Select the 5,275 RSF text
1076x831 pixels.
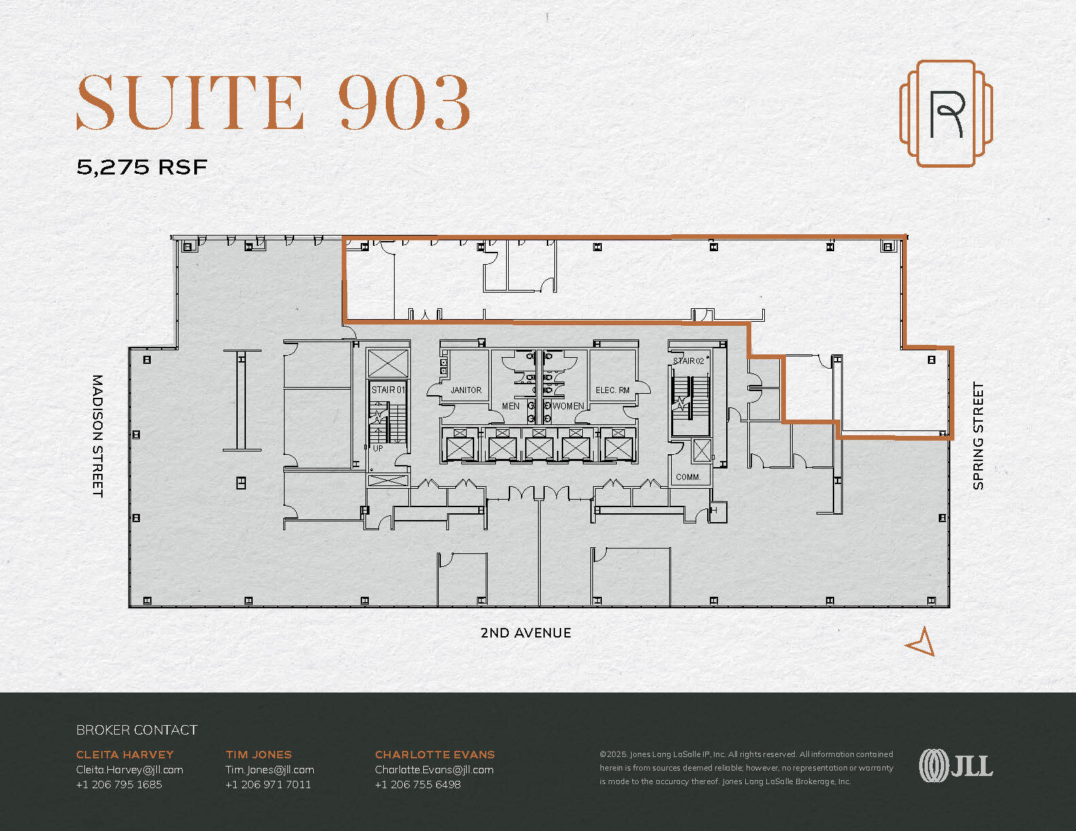point(141,167)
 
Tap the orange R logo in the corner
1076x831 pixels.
point(946,113)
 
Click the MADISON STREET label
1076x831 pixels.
point(97,435)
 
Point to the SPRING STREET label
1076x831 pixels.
point(978,435)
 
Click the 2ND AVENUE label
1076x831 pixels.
point(525,633)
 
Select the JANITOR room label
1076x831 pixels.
point(466,390)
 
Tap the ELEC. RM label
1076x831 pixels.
point(612,390)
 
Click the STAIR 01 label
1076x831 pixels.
point(388,390)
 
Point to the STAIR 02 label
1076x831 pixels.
point(689,361)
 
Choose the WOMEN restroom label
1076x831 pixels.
point(568,406)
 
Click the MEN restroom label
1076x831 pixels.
point(511,406)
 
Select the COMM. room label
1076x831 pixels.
point(687,477)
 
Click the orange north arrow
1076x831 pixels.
point(921,642)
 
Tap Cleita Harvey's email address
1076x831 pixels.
point(130,769)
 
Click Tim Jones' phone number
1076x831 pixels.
point(268,784)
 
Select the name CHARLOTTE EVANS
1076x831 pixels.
point(435,754)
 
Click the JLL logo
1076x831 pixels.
point(956,766)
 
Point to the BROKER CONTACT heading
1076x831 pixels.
point(137,730)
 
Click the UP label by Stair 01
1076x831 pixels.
point(378,448)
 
